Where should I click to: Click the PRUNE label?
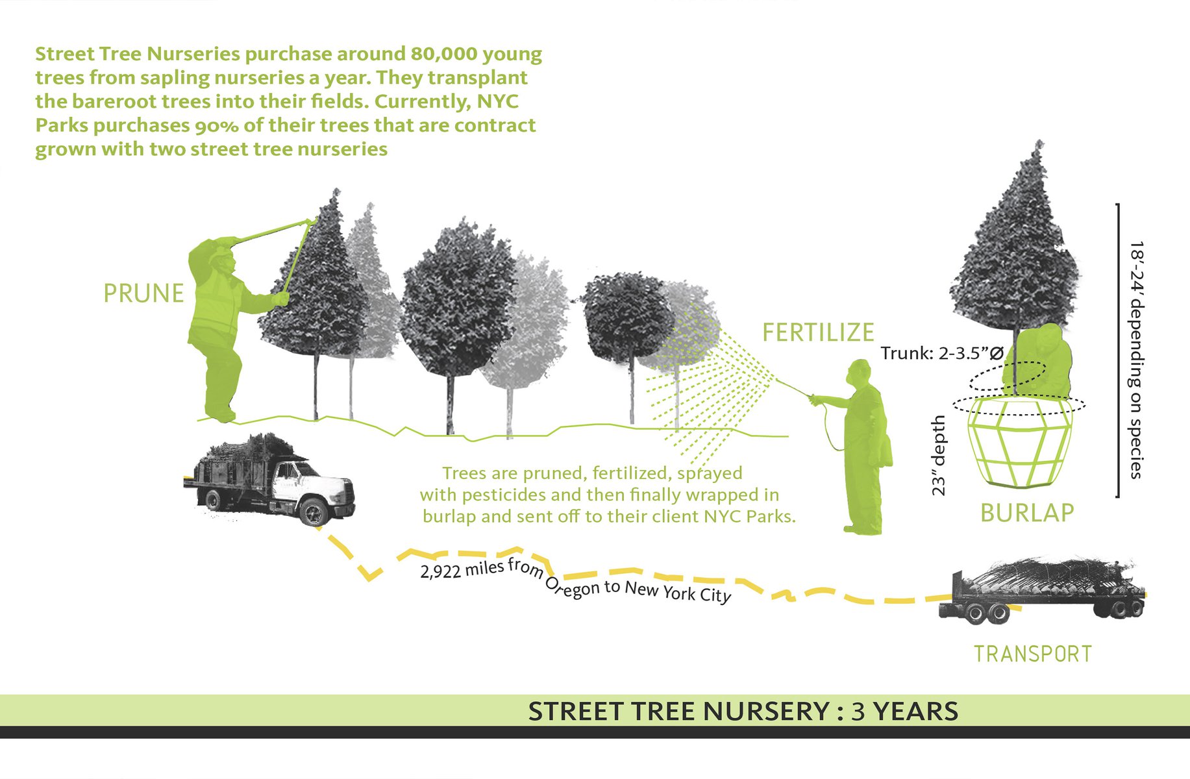coord(143,293)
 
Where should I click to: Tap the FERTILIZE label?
coord(818,332)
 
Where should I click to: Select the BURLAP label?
coord(1026,513)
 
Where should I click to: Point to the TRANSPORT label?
coord(1032,654)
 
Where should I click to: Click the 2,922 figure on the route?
coord(441,572)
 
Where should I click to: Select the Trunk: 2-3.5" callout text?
coord(941,354)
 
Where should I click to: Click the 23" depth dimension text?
coord(939,456)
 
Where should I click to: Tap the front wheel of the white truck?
coord(316,512)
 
